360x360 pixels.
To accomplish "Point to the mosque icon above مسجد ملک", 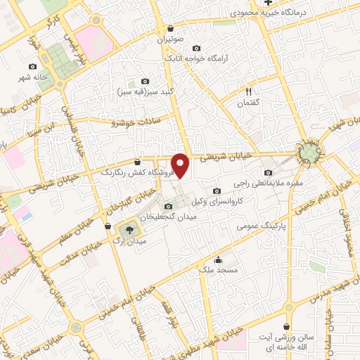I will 218,259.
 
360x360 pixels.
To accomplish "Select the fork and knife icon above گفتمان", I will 247,91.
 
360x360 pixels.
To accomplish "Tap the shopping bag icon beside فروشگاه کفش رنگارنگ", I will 137,161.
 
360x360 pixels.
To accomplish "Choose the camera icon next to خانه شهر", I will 32,66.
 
